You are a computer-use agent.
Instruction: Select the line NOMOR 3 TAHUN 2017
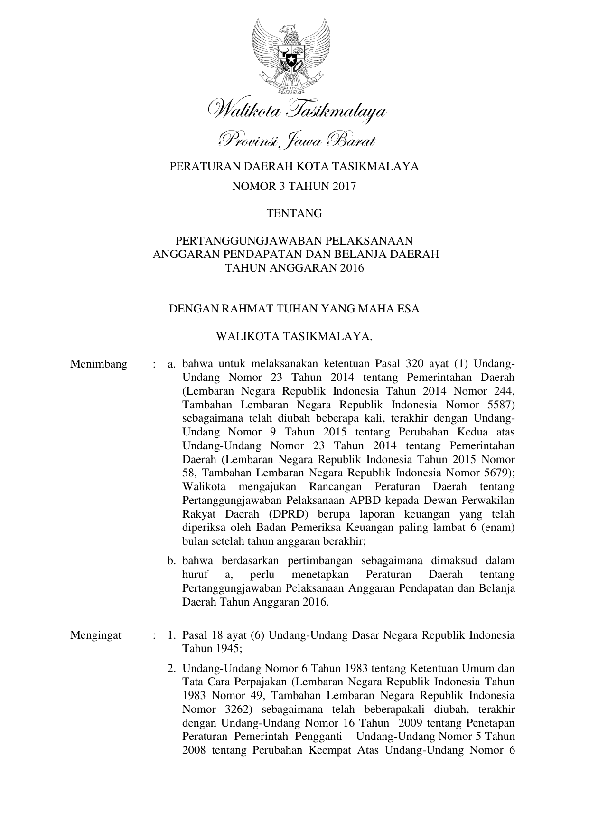tap(294, 186)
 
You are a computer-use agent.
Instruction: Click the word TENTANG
tap(294, 213)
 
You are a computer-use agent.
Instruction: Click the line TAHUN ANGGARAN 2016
tap(294, 268)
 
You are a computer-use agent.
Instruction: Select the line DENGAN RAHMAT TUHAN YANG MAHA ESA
tap(294, 309)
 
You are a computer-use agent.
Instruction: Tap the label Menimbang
tap(99, 364)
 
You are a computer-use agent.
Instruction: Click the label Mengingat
tap(96, 635)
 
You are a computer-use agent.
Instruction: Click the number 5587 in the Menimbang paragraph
tap(497, 405)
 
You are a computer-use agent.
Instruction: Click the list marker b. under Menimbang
tap(172, 561)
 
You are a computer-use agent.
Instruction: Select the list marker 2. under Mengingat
tap(172, 669)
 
